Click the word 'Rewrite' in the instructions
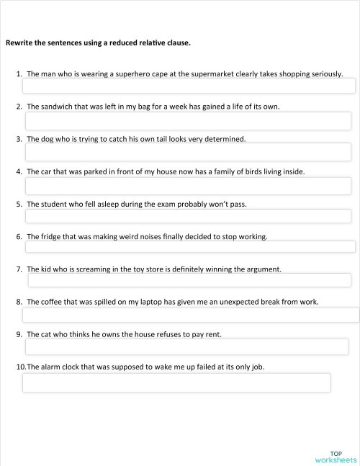click(19, 42)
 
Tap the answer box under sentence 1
click(189, 86)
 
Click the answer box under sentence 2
click(188, 120)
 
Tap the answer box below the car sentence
click(188, 186)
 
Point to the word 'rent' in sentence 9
click(213, 334)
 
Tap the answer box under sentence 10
click(176, 382)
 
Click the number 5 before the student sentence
click(19, 204)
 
